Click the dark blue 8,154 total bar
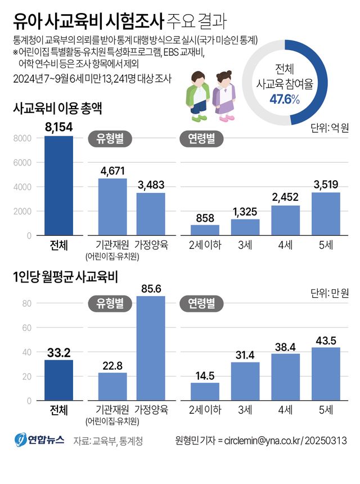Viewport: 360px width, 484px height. point(58,186)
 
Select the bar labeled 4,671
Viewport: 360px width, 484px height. point(112,207)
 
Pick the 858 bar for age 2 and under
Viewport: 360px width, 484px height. point(205,230)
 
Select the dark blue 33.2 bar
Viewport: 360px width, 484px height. point(58,378)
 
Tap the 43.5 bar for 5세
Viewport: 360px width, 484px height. point(326,373)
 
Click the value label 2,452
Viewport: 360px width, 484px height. point(286,198)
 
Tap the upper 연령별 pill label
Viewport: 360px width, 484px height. point(201,138)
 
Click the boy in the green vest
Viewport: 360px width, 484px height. point(199,96)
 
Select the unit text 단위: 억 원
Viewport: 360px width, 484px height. point(330,128)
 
